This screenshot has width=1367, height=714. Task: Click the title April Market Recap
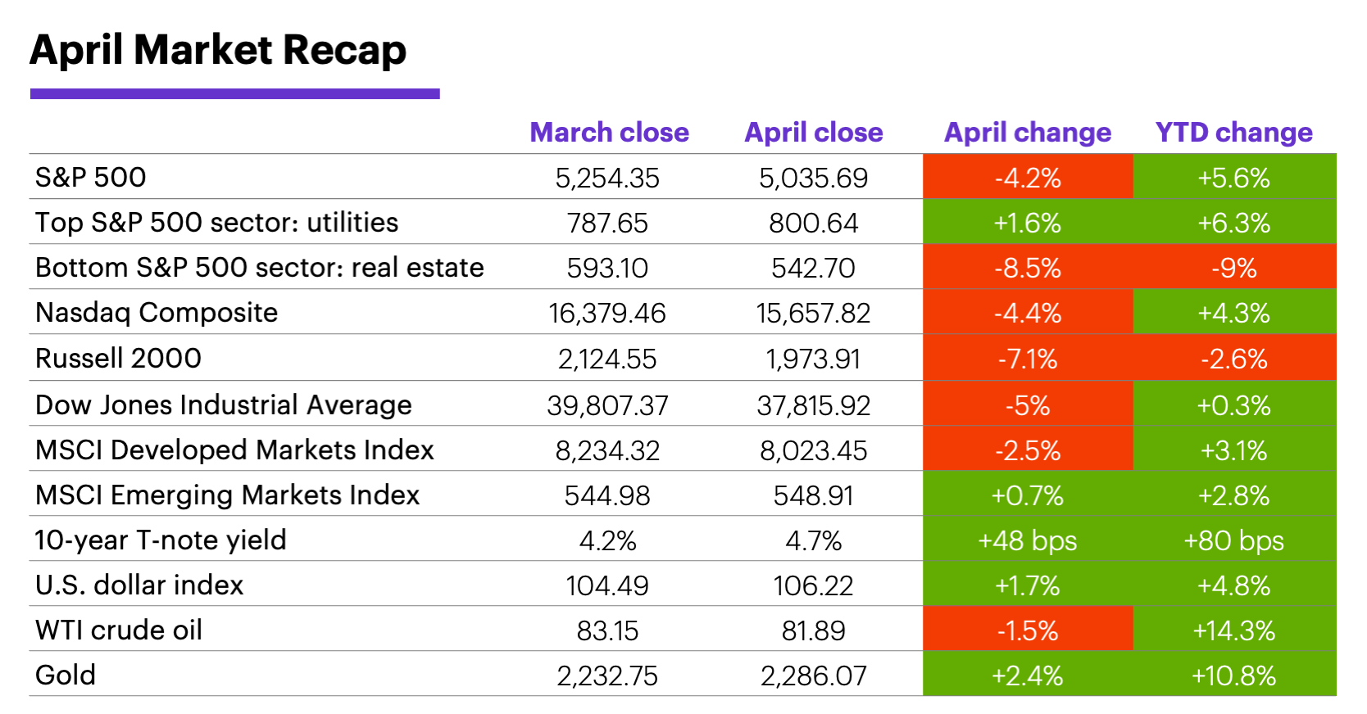tap(218, 51)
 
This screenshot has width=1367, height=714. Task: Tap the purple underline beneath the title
tap(234, 94)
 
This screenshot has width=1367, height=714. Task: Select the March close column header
tap(609, 133)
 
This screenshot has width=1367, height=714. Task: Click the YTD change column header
tap(1233, 133)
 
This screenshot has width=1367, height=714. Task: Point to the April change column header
tap(1027, 133)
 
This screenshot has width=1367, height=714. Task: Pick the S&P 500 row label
tap(91, 178)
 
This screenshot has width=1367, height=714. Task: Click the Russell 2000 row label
tap(118, 359)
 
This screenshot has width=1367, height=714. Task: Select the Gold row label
tap(66, 676)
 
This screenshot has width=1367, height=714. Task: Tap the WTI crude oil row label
tap(119, 630)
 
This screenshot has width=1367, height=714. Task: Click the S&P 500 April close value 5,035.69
tap(813, 178)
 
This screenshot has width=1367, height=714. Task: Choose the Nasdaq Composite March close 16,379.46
tap(607, 313)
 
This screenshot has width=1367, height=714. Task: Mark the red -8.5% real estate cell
tap(1027, 268)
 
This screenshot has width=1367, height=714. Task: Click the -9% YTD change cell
tap(1233, 268)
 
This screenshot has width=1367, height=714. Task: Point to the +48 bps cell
tap(1027, 540)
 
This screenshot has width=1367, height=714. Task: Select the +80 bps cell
tap(1233, 540)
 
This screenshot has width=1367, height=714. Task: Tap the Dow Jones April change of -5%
tap(1027, 405)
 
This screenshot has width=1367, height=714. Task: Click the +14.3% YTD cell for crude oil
tap(1233, 630)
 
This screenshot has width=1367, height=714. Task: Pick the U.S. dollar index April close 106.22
tap(813, 585)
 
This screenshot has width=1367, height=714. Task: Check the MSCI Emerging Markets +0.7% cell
tap(1027, 495)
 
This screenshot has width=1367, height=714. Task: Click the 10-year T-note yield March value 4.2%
tap(607, 540)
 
